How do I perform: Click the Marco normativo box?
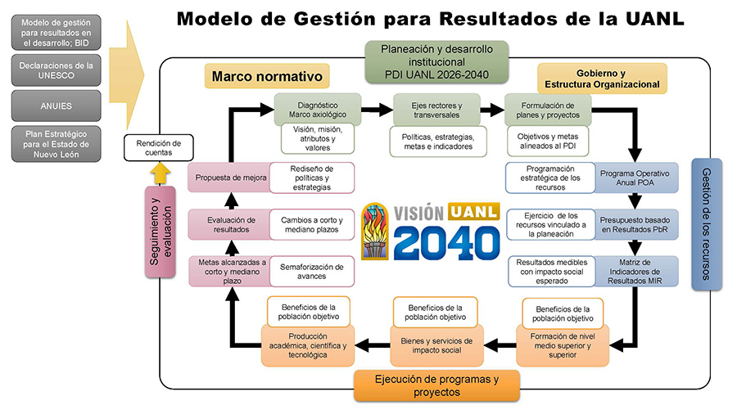[267, 76]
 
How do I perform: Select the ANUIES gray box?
[56, 106]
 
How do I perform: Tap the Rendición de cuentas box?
[158, 148]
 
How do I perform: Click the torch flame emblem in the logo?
[374, 231]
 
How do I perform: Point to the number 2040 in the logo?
[446, 242]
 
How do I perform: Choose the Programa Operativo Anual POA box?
[635, 178]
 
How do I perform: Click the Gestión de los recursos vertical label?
[706, 224]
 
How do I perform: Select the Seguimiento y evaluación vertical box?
[160, 232]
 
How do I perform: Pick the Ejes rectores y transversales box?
[436, 110]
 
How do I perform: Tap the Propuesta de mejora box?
[230, 178]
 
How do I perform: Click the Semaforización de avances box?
[312, 272]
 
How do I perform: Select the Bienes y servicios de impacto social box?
[436, 346]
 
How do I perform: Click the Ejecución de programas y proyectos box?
[436, 385]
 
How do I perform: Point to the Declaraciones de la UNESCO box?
[56, 70]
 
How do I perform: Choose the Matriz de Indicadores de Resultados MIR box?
[635, 272]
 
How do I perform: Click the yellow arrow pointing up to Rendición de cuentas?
[161, 173]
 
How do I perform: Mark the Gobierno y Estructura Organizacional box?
[602, 79]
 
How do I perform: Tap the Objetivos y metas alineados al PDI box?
[548, 141]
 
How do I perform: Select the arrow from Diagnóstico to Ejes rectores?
[378, 110]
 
